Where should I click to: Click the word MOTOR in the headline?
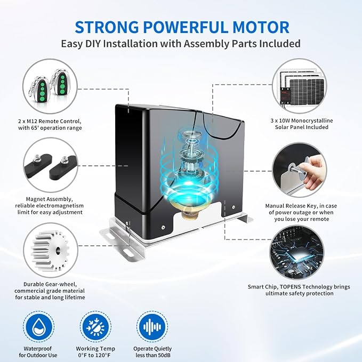click(x=261, y=27)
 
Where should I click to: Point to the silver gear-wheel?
click(x=50, y=251)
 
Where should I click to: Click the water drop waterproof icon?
click(x=39, y=327)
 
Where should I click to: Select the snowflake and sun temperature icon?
click(x=95, y=327)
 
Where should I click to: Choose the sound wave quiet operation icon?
click(x=152, y=327)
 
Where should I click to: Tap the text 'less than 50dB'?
click(x=152, y=355)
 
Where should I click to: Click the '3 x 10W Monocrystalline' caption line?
click(x=302, y=120)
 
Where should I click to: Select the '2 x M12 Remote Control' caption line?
click(x=50, y=121)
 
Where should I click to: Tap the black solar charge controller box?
click(x=285, y=95)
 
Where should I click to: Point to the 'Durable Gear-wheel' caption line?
click(x=50, y=284)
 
